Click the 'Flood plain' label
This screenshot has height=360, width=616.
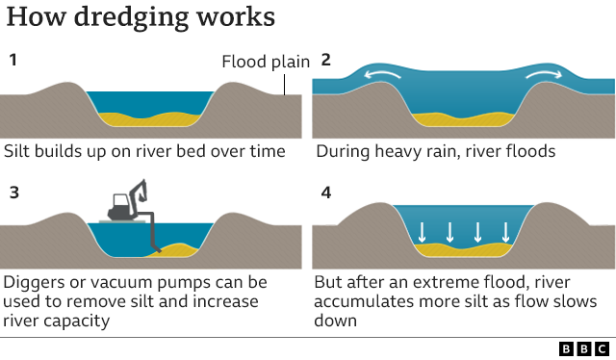click(266, 63)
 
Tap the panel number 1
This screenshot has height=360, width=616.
click(13, 61)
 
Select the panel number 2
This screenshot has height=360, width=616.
click(325, 61)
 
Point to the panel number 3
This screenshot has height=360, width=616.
click(13, 193)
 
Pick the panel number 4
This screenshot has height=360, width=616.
click(325, 193)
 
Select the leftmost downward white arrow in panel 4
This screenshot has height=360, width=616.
click(421, 232)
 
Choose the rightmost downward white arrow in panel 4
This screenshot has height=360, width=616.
click(506, 232)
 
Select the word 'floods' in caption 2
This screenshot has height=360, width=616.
click(530, 151)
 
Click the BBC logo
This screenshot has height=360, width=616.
click(583, 348)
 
